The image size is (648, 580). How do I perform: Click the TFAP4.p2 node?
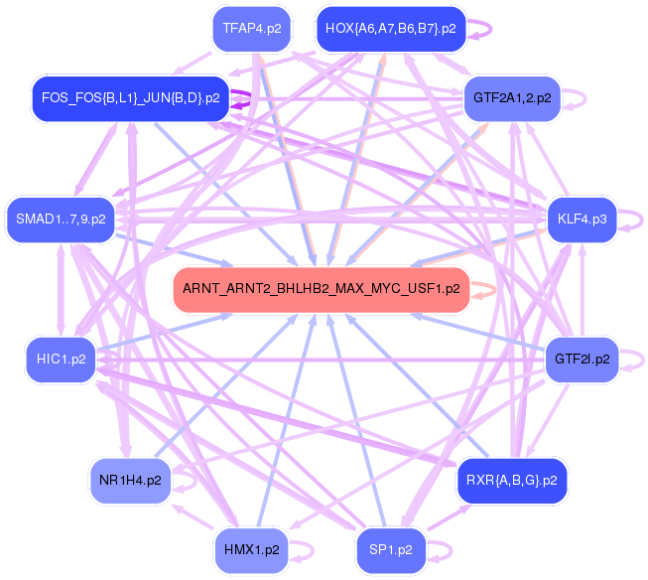click(x=251, y=29)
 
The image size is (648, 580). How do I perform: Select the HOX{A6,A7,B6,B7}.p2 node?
click(x=389, y=29)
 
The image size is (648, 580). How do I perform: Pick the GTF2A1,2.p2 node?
click(x=512, y=98)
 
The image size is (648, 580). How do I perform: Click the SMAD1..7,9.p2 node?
click(x=61, y=218)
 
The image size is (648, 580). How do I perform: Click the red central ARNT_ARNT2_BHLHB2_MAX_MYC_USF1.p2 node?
click(x=321, y=289)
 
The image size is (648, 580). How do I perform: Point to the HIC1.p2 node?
click(x=61, y=358)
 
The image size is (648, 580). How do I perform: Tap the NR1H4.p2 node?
click(x=130, y=481)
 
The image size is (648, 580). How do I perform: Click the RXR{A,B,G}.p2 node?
click(x=511, y=481)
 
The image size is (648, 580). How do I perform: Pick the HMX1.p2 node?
click(x=251, y=549)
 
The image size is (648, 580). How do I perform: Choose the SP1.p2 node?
click(x=390, y=549)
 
